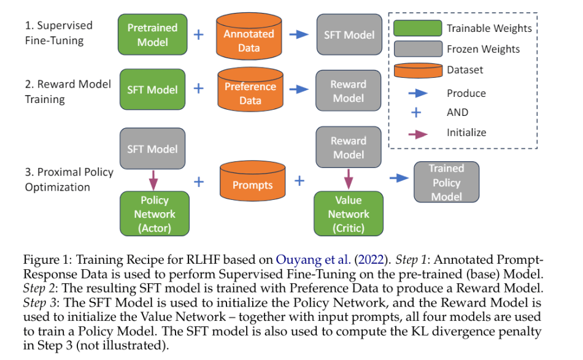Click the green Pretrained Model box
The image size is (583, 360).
point(152,35)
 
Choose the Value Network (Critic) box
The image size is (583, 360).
point(348,214)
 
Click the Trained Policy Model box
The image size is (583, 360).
point(446,182)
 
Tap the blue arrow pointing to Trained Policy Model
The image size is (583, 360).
point(400,178)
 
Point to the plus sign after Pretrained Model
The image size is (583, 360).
point(198,34)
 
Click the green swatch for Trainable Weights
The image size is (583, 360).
point(417,28)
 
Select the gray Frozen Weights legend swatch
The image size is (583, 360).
point(417,49)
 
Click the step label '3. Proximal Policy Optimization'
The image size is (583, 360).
point(69,179)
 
